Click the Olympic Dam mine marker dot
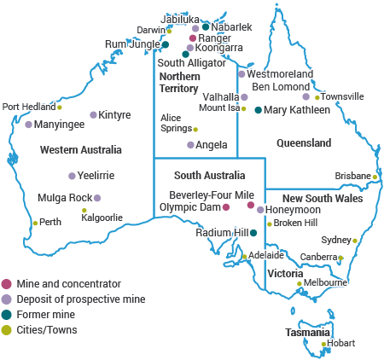(226, 206)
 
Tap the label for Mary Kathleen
(297, 110)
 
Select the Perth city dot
(35, 223)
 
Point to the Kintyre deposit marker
(93, 115)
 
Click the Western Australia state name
(81, 150)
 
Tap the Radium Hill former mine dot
(253, 232)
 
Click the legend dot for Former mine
(7, 315)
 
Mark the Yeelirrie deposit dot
(71, 176)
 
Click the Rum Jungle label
(132, 44)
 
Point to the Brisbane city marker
(375, 177)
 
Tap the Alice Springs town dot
(195, 129)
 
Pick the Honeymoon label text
(293, 209)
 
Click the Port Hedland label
(27, 107)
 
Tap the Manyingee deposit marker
(28, 125)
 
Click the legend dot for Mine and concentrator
(7, 284)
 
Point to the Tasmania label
(306, 333)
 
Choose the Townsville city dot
(317, 97)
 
